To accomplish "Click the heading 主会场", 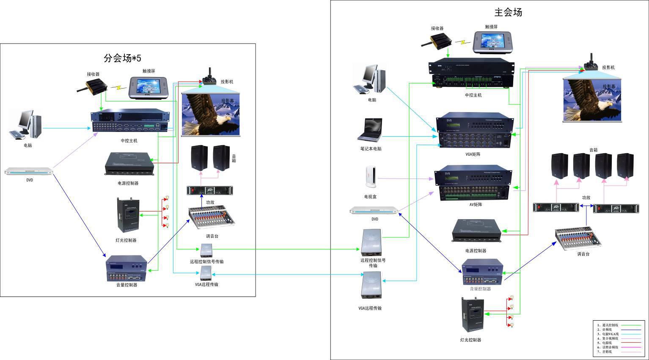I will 508,12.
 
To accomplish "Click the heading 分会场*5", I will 122,58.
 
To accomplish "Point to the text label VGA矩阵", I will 473,154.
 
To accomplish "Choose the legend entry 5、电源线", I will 607,343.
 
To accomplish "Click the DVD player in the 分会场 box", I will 29,171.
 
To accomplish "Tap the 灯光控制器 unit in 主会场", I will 471,315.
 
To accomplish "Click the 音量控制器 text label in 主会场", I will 480,289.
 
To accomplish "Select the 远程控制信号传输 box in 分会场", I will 206,250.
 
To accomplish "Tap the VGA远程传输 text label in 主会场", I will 370,308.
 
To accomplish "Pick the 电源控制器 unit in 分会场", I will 130,163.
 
